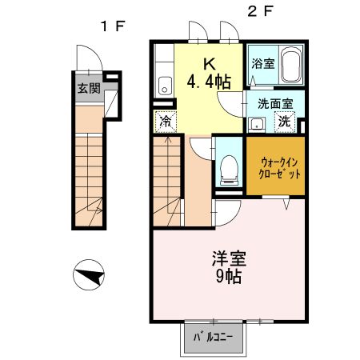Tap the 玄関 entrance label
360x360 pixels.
click(89, 88)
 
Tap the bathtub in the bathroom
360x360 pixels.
click(290, 63)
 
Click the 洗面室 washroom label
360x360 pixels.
click(274, 103)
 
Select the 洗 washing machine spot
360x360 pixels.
click(285, 122)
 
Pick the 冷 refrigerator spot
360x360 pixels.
click(165, 122)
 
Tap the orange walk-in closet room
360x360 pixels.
click(274, 166)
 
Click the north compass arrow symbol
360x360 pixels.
click(89, 277)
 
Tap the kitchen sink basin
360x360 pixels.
click(165, 86)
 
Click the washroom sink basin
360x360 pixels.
click(258, 123)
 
